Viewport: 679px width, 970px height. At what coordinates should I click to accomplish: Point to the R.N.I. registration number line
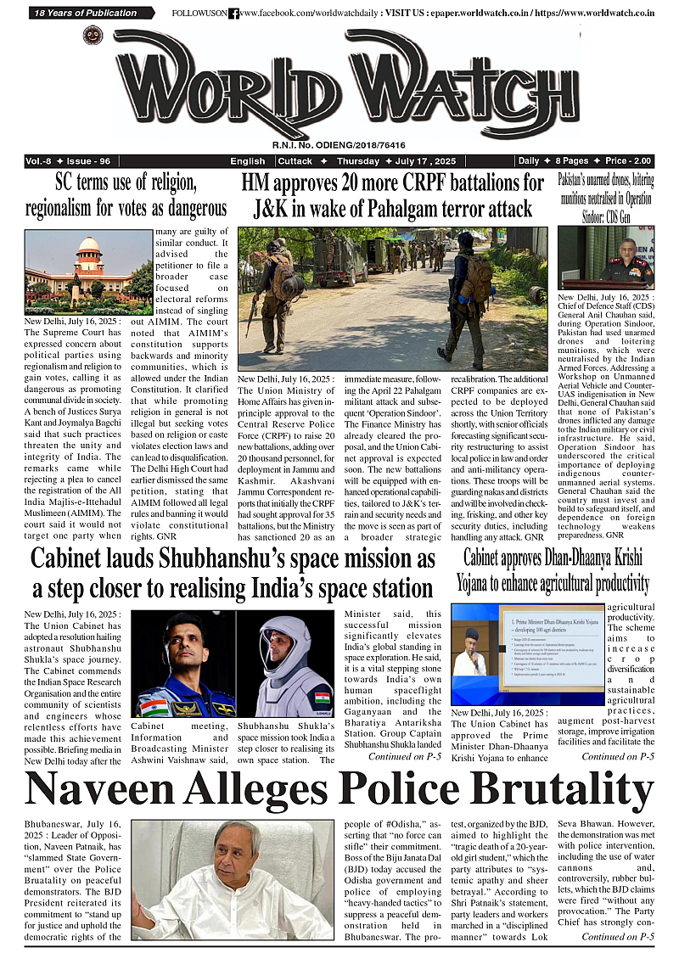click(339, 145)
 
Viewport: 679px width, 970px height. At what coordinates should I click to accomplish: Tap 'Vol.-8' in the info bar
click(41, 161)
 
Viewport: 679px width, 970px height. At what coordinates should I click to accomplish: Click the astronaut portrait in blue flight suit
click(182, 664)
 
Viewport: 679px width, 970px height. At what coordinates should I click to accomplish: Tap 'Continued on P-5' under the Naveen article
click(617, 937)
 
